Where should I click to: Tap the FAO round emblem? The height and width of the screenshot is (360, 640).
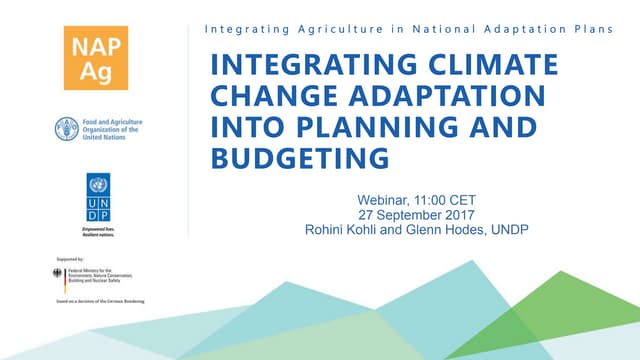[x=67, y=128]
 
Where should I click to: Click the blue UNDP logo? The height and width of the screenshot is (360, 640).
[x=98, y=197]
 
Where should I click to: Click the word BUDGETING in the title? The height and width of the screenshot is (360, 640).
[x=298, y=159]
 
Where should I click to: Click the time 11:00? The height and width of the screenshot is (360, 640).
[x=441, y=198]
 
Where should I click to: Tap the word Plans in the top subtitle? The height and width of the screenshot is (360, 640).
[x=591, y=29]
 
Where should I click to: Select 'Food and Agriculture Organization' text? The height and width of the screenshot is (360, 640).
[x=112, y=123]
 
